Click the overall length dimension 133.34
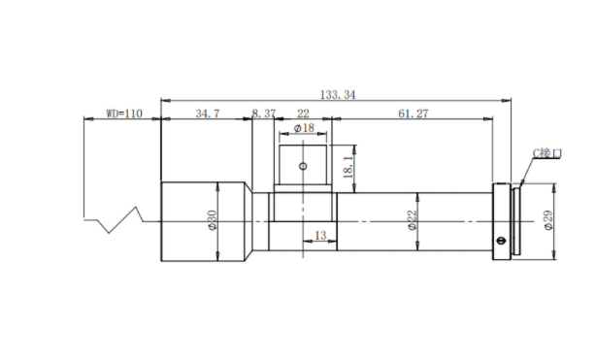click(338, 95)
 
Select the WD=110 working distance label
click(124, 114)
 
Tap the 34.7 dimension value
click(208, 114)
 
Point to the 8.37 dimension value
click(264, 114)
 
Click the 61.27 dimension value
click(414, 114)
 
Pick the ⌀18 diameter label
click(305, 128)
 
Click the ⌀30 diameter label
click(212, 220)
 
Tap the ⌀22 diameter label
click(412, 220)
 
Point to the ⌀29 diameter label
click(548, 220)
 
